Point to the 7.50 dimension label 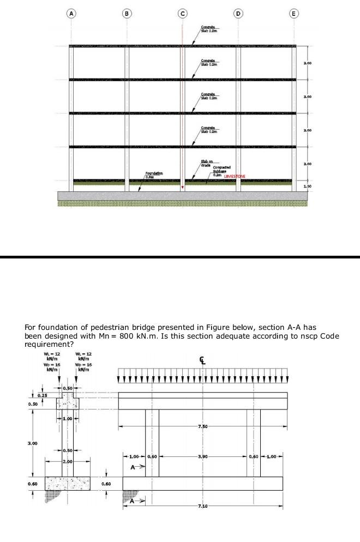pos(204,425)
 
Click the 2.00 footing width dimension pos(68,462)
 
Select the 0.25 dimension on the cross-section pos(41,394)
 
